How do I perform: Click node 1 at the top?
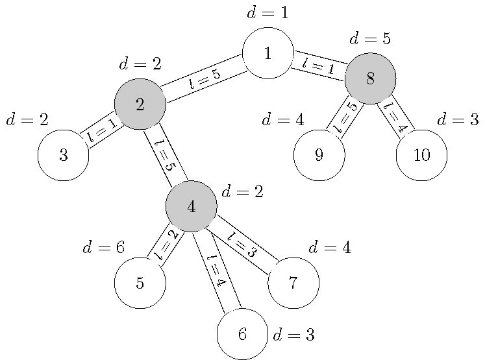tap(267, 53)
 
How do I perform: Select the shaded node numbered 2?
tap(140, 104)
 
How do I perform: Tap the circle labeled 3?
tap(63, 156)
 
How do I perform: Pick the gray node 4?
tap(191, 206)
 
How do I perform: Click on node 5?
tap(140, 283)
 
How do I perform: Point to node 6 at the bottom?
tap(242, 334)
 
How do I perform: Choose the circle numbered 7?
tap(293, 283)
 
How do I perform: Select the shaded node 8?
tap(370, 78)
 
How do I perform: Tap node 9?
tap(319, 156)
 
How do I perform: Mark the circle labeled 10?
tap(421, 156)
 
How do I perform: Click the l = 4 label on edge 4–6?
tap(216, 270)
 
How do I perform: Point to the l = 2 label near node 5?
tap(166, 245)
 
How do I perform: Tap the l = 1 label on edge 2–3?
tap(102, 130)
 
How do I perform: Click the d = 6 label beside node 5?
tap(104, 248)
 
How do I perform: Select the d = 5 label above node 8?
tap(370, 39)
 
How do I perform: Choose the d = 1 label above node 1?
tap(267, 12)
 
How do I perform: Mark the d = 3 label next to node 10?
tap(458, 120)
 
